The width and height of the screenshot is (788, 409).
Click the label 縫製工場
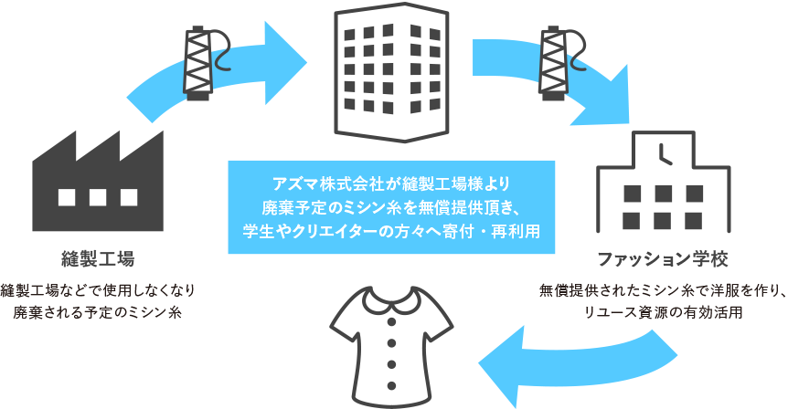click(99, 258)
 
